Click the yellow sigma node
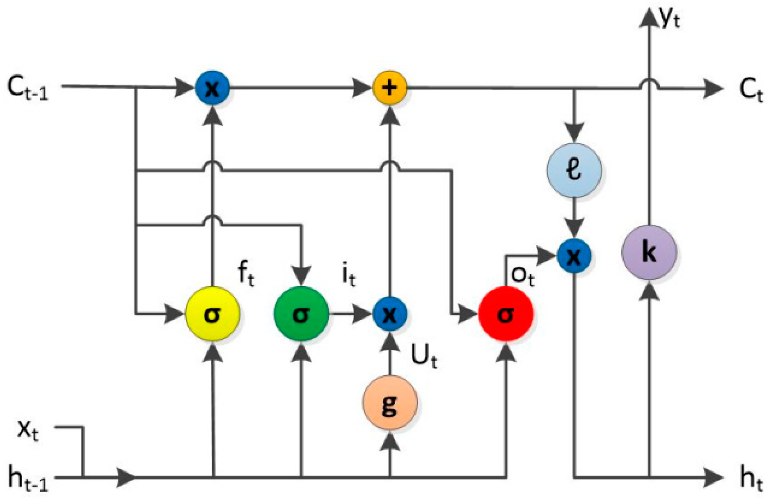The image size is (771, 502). click(x=212, y=314)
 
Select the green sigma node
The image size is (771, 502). click(x=301, y=314)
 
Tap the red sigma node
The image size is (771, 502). click(x=506, y=314)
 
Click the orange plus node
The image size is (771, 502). click(x=390, y=87)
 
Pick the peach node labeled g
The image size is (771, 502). click(x=390, y=403)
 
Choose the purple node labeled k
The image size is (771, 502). click(x=649, y=252)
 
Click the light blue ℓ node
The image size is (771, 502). click(x=574, y=170)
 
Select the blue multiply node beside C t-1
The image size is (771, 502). click(x=212, y=87)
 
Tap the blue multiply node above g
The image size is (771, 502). click(x=390, y=314)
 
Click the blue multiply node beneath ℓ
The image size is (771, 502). click(x=574, y=256)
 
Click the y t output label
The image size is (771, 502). click(x=669, y=18)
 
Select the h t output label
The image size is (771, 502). click(x=751, y=479)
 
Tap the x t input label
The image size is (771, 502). click(x=28, y=430)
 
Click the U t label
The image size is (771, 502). click(x=424, y=357)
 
